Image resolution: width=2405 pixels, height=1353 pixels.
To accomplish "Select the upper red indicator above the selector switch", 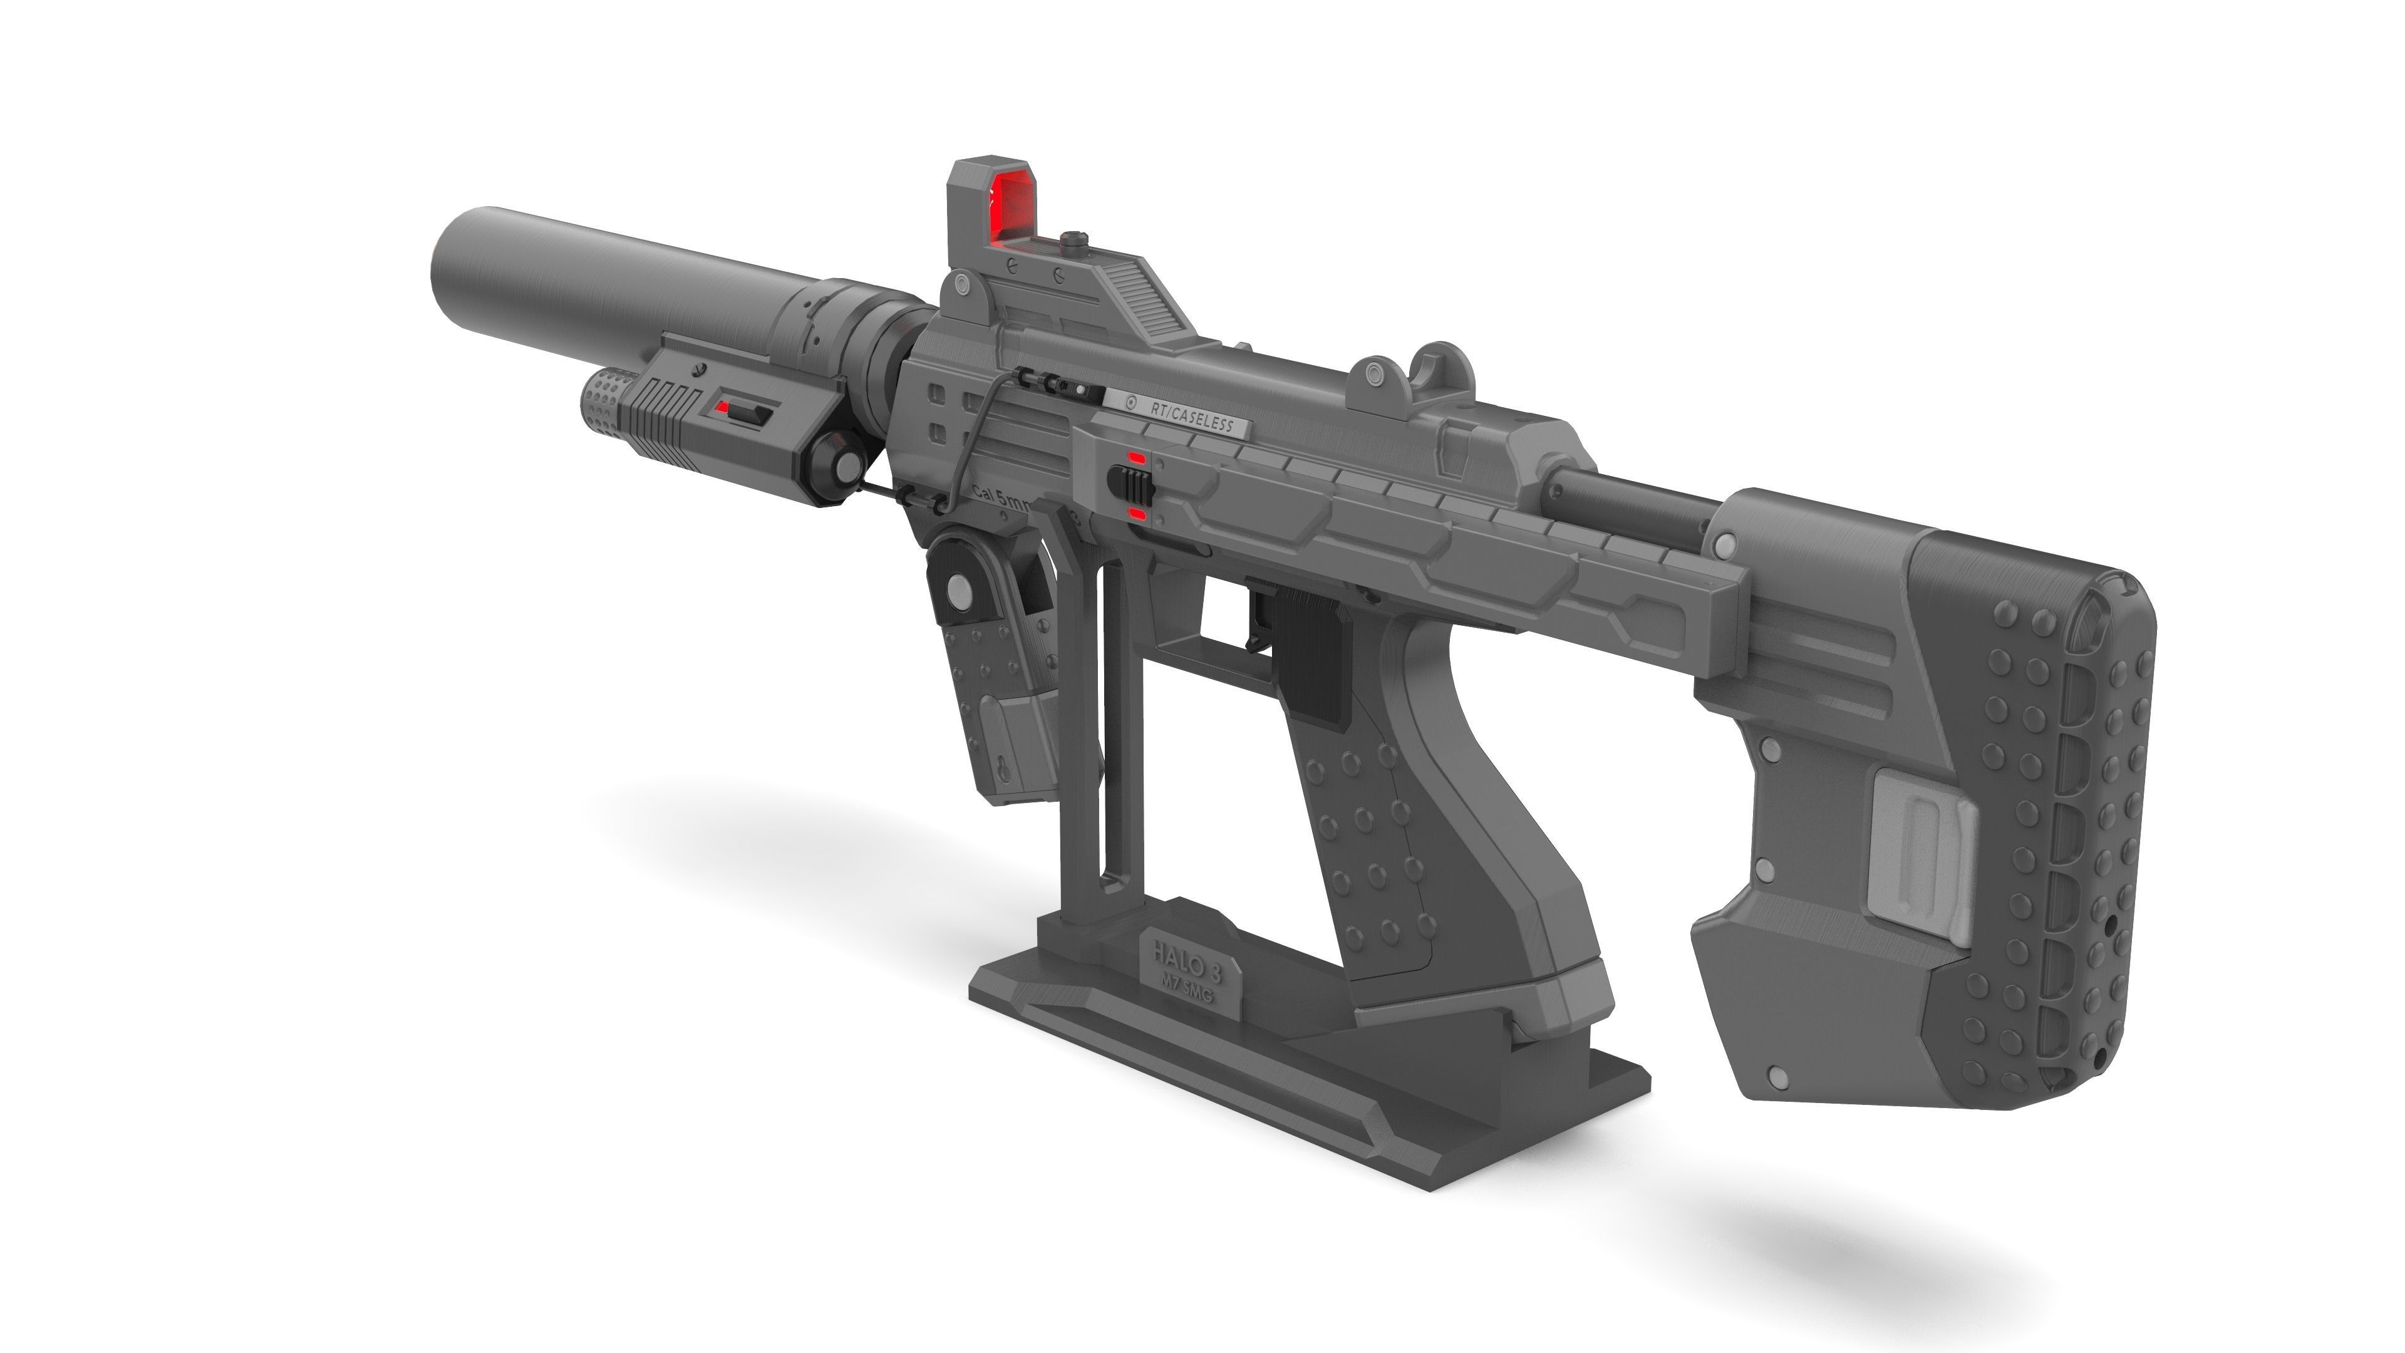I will click(x=1136, y=457).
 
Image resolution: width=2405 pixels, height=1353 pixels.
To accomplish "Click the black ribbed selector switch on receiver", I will click(x=1126, y=485).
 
